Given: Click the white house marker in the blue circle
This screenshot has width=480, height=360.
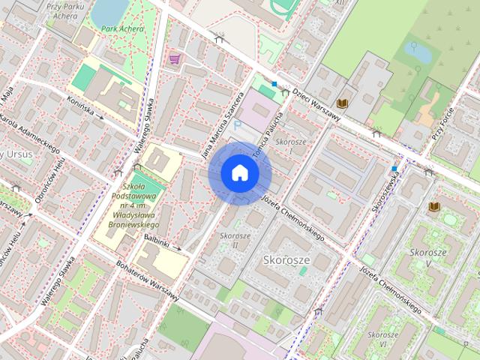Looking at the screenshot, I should coord(240,173).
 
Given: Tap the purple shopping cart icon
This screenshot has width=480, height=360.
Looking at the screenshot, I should coord(175,58).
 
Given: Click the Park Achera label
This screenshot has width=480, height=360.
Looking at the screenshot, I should coord(122,29).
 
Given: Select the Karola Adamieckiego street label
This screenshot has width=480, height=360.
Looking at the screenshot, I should coord(29,134).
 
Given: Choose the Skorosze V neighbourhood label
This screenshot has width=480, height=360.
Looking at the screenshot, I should coord(428,257).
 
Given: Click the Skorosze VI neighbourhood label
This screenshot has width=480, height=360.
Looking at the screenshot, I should coord(382,338).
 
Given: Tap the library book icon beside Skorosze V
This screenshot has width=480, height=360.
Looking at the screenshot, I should coord(434,207).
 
